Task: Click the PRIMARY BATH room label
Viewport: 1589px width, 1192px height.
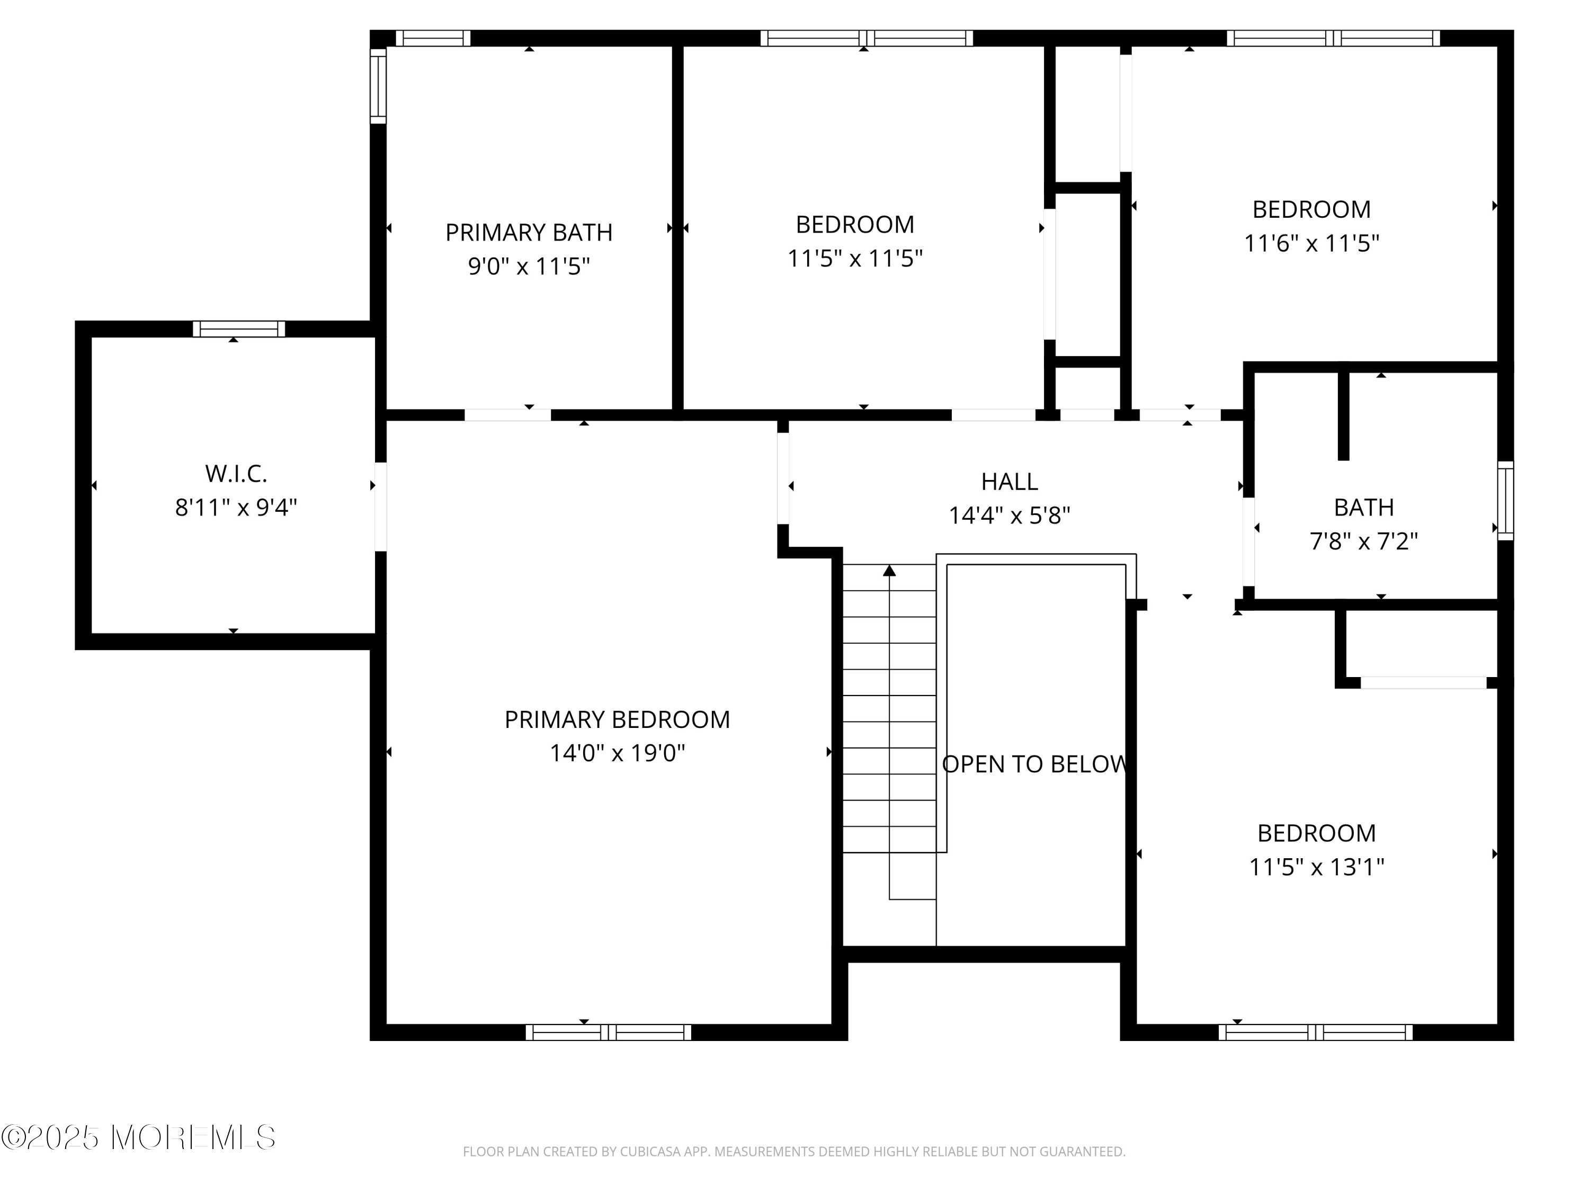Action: pos(529,233)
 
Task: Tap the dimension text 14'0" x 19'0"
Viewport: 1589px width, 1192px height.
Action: pos(617,753)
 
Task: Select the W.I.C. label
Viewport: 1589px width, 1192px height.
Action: pos(236,474)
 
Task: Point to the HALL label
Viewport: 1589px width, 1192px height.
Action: pos(1010,482)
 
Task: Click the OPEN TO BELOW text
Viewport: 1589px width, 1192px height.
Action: pos(1034,764)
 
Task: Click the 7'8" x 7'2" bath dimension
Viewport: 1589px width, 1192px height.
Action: pos(1363,541)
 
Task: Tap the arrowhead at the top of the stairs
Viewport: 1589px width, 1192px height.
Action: pos(889,571)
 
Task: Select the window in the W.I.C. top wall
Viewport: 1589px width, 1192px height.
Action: pos(238,329)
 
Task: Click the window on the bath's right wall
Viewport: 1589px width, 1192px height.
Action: pos(1505,500)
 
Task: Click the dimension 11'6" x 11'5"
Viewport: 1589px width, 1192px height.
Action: pos(1311,244)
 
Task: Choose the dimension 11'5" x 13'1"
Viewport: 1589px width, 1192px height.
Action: pos(1316,867)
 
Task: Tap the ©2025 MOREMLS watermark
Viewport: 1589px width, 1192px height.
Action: pos(138,1137)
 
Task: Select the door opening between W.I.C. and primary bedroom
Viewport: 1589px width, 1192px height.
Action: pos(381,506)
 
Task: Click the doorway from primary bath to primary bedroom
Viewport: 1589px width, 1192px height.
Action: pos(507,415)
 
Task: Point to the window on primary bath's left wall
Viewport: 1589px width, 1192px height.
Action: pos(378,85)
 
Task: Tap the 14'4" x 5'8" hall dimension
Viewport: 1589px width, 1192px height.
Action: pos(1010,515)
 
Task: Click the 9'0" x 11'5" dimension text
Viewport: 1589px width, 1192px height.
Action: pos(529,266)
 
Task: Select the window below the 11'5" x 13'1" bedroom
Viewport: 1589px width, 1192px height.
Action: pos(1315,1033)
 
